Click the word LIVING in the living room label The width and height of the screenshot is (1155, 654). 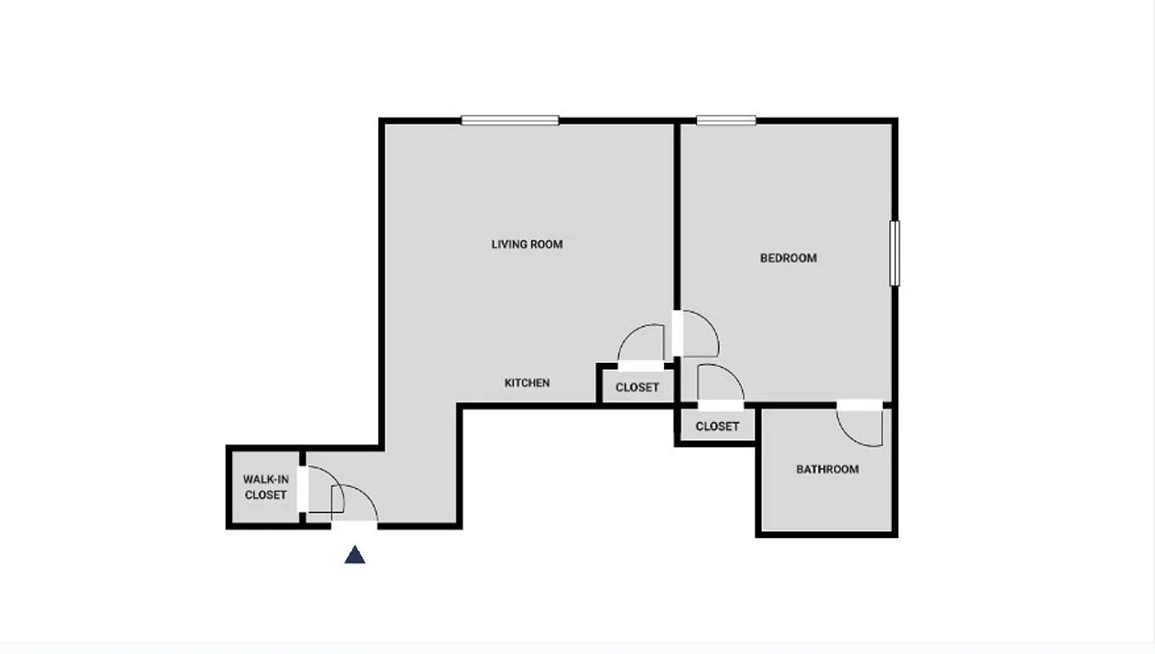pos(509,244)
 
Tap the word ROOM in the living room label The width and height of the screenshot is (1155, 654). pos(546,244)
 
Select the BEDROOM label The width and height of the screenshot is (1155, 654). pos(788,258)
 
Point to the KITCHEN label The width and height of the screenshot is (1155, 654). pos(527,383)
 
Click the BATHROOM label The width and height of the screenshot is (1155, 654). pos(827,469)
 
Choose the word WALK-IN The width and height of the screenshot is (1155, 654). pos(265,479)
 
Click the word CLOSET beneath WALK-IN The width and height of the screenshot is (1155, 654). pos(265,495)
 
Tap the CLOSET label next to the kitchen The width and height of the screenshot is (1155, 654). pos(637,387)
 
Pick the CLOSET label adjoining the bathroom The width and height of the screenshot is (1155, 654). pos(717,426)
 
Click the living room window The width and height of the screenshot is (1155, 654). pos(510,120)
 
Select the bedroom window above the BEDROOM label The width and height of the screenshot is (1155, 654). pos(725,120)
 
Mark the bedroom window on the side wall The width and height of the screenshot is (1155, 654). pos(894,253)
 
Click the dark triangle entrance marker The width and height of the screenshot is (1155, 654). pos(355,555)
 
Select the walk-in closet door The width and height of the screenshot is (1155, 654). pos(320,490)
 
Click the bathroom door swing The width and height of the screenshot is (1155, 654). pos(862,425)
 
